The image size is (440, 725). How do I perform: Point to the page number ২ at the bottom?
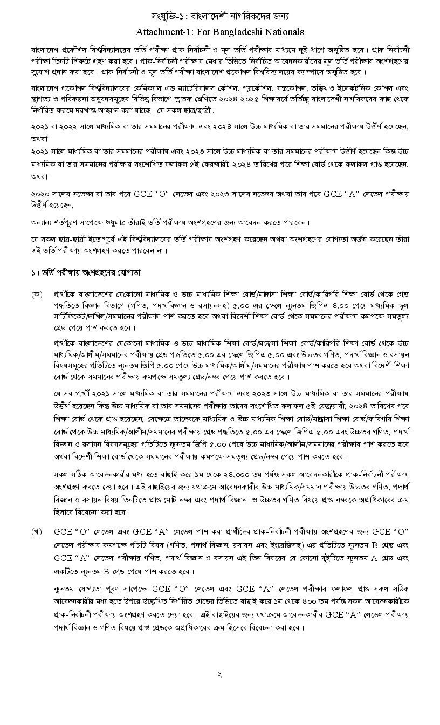click(x=219, y=674)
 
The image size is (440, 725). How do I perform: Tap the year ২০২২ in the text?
click(x=71, y=126)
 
